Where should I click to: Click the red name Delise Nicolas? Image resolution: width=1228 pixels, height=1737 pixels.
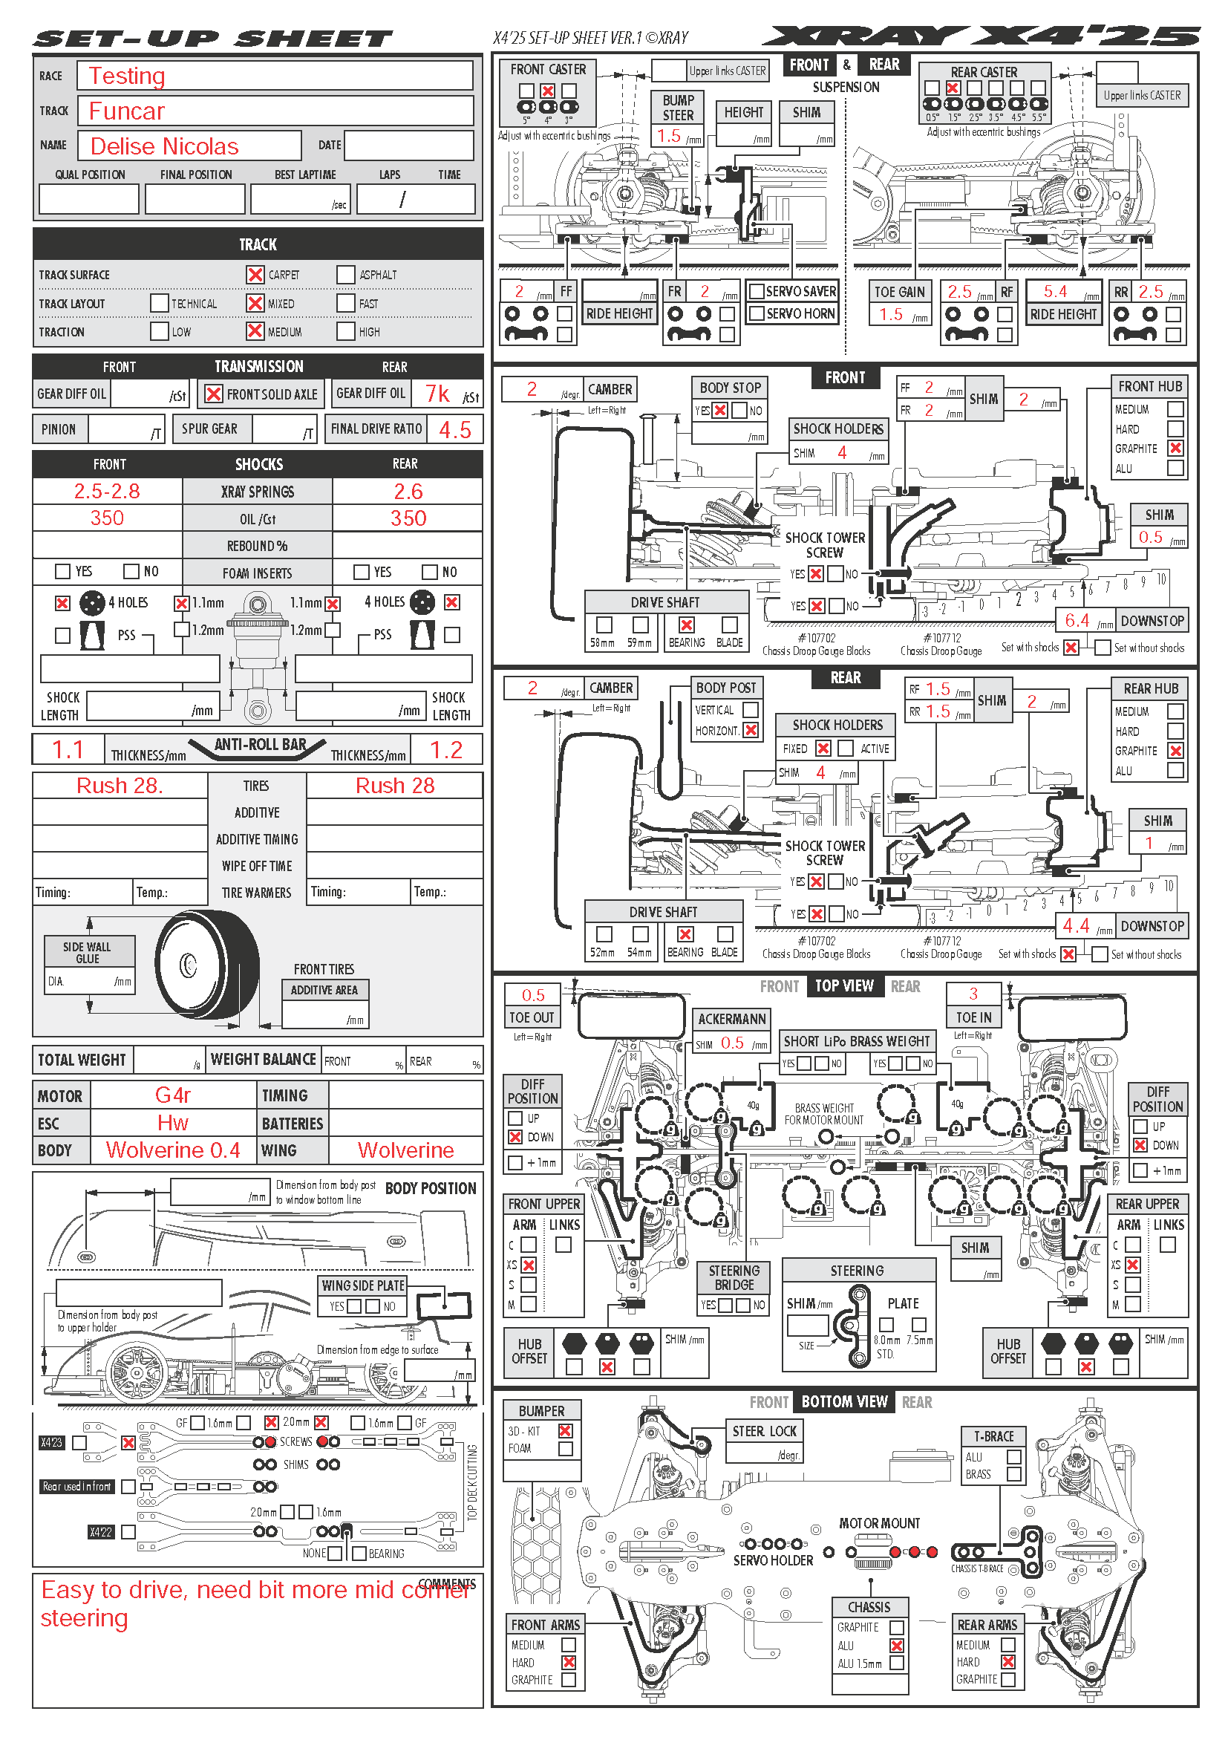(164, 146)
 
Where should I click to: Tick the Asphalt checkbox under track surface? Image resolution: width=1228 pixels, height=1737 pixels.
(345, 275)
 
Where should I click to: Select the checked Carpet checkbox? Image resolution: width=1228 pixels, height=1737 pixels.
(255, 275)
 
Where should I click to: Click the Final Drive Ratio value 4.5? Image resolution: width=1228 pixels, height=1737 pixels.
(455, 430)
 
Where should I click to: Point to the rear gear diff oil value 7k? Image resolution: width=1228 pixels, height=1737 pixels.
(438, 394)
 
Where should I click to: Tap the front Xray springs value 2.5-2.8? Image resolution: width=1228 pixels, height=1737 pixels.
(107, 491)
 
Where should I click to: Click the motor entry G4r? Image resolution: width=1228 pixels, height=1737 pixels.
(172, 1095)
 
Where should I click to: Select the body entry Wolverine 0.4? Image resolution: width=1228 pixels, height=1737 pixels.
(172, 1150)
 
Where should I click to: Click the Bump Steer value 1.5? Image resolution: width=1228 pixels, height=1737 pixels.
(668, 136)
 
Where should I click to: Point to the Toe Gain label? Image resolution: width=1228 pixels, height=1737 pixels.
(899, 292)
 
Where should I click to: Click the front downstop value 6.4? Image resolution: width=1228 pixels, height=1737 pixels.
(1077, 620)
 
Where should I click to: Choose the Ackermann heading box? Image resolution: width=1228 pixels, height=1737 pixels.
(731, 1019)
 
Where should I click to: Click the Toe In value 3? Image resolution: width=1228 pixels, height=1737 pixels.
(973, 994)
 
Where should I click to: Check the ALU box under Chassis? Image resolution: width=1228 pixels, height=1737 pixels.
(897, 1646)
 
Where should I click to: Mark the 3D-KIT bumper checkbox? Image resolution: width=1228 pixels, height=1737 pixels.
(565, 1430)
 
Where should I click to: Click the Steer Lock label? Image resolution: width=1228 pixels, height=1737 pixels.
(764, 1430)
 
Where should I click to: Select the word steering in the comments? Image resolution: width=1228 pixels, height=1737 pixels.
(84, 1618)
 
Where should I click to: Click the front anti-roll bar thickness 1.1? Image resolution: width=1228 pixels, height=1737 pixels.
(68, 750)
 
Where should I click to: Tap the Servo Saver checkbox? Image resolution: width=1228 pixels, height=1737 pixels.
(756, 291)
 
